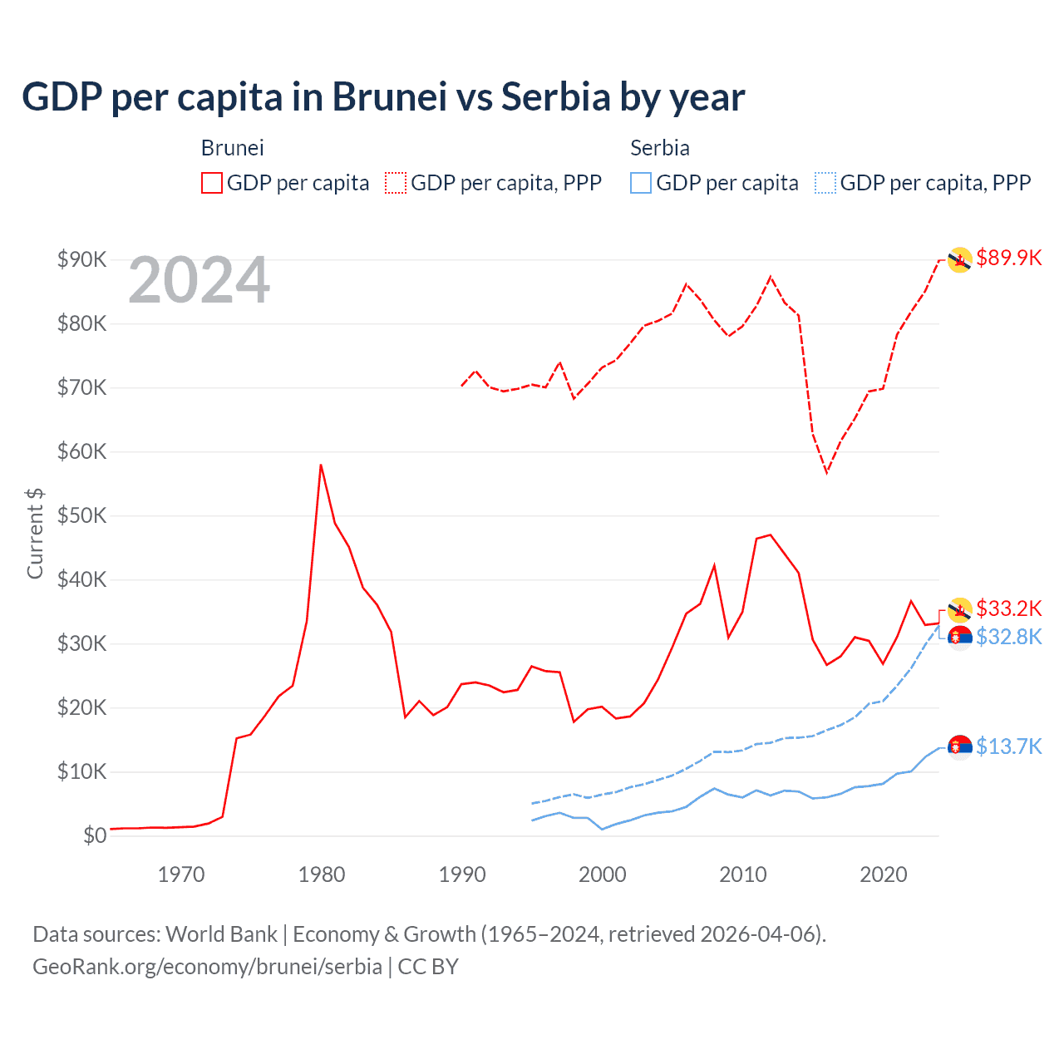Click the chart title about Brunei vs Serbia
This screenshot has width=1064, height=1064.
click(383, 97)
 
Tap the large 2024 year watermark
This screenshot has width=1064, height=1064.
click(199, 281)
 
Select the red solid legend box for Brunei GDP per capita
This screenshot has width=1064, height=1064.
click(212, 183)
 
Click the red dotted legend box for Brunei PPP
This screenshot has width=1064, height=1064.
click(396, 183)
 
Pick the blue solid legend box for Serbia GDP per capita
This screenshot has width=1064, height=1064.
click(641, 183)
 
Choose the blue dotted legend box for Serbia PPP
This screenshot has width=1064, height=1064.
click(825, 183)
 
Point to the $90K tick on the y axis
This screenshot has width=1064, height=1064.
click(81, 259)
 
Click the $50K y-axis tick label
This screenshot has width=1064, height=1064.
click(81, 515)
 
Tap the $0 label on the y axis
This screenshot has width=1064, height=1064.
click(95, 835)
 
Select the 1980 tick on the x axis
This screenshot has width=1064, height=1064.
click(322, 874)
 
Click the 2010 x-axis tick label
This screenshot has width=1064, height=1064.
click(742, 874)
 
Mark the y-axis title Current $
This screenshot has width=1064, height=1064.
click(35, 534)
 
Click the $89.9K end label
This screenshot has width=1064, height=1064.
click(1008, 258)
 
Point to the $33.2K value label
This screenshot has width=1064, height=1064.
click(1008, 608)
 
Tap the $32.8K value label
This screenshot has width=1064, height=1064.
click(1008, 637)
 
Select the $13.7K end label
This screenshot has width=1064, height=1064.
click(1008, 746)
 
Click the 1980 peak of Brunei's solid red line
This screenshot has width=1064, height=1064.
click(321, 465)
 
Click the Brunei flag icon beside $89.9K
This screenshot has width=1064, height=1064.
click(960, 260)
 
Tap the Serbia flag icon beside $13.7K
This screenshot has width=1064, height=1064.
click(960, 747)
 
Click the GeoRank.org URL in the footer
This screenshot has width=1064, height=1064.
click(207, 967)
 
